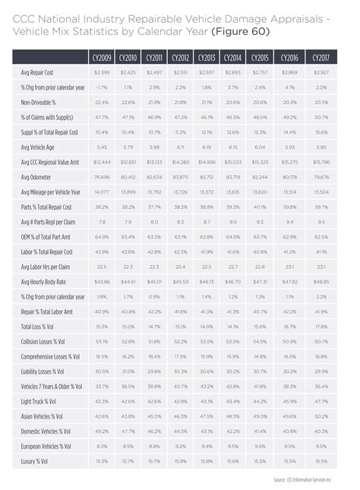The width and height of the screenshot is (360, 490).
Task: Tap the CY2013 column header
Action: (207, 58)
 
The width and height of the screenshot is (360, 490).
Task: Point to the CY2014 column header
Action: (232, 58)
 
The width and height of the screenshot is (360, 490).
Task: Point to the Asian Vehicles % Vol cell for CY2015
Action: (260, 416)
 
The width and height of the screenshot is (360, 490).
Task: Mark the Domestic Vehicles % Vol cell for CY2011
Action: (154, 430)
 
